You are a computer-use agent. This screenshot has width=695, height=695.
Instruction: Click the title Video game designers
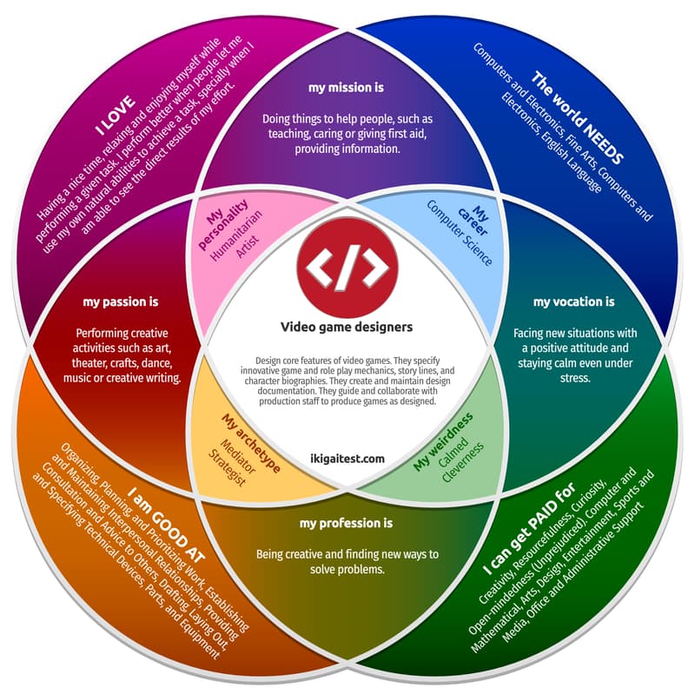click(x=347, y=328)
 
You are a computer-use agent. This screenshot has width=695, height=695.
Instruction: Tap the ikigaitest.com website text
click(x=347, y=460)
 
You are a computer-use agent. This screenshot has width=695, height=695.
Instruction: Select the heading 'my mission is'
click(x=347, y=88)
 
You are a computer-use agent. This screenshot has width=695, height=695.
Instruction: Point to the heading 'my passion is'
click(x=121, y=302)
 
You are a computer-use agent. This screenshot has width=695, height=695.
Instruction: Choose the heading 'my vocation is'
click(x=573, y=301)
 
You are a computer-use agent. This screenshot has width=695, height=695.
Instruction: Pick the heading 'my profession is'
click(x=347, y=523)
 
